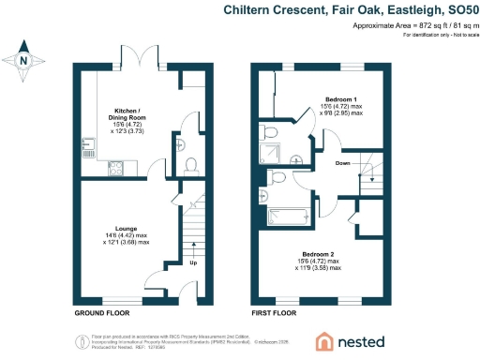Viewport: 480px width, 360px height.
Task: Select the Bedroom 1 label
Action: [339, 98]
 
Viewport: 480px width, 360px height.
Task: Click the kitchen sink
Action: [87, 144]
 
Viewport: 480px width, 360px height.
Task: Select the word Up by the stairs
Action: [194, 263]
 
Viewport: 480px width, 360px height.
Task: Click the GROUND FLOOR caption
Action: [102, 312]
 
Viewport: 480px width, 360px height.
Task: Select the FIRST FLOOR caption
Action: [273, 312]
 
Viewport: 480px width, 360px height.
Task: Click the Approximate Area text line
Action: [409, 25]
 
